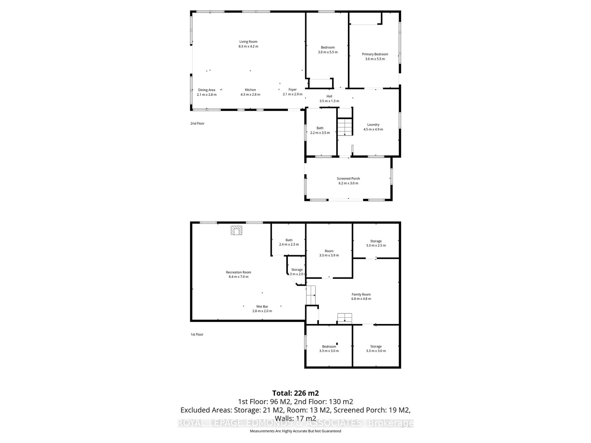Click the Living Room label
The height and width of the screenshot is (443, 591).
(248, 42)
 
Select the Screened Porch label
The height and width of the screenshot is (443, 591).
(348, 178)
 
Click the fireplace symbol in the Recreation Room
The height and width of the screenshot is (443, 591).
(236, 230)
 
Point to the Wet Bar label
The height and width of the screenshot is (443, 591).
(262, 307)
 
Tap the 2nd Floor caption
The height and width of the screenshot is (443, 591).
(197, 123)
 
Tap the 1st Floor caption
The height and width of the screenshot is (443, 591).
(197, 334)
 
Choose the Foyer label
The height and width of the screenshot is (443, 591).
(293, 90)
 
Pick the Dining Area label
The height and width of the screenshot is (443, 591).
(207, 90)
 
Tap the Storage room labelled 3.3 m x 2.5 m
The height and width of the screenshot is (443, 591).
(376, 243)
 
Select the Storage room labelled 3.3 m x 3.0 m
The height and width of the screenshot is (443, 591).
(376, 348)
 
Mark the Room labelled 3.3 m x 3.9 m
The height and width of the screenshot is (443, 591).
(329, 253)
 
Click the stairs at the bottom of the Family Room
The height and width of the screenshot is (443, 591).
(344, 318)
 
